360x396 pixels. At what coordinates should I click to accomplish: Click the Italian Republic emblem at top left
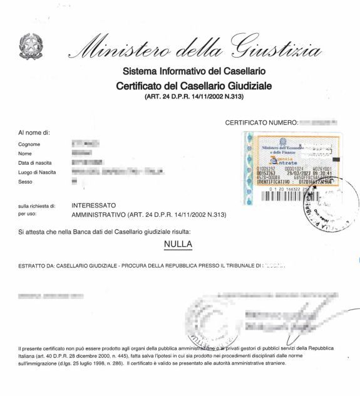(x=29, y=46)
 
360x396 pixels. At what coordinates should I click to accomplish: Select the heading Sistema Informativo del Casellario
(x=194, y=71)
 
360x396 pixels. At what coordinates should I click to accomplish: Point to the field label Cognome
(x=29, y=144)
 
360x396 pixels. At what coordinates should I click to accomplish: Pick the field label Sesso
(x=25, y=181)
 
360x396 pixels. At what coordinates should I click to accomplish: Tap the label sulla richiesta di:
(x=38, y=206)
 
